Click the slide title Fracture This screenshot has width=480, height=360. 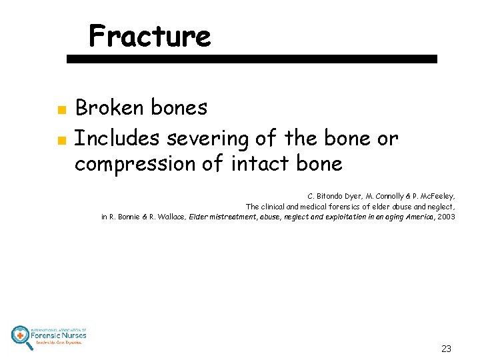[x=149, y=36]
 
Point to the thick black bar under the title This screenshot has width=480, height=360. [x=252, y=59]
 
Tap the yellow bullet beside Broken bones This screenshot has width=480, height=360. [x=60, y=109]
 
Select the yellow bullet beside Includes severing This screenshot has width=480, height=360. [x=60, y=140]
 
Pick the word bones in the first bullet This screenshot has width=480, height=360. [x=179, y=107]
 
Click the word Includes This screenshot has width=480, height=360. [x=117, y=138]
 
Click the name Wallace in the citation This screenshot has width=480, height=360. [x=172, y=217]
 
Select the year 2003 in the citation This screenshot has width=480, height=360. [x=446, y=217]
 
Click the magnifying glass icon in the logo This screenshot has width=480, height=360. [x=21, y=336]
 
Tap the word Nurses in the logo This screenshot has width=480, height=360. [x=69, y=336]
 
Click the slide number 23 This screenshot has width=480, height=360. [x=446, y=349]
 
